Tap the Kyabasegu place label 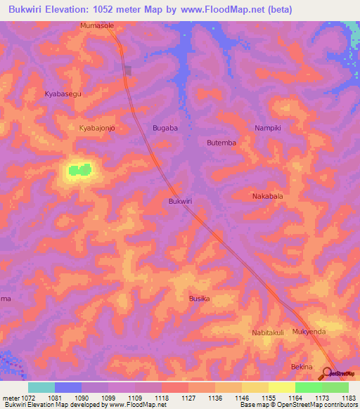tap(63, 93)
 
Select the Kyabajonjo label tap(97, 128)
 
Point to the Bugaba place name tap(165, 128)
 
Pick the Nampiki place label tap(267, 128)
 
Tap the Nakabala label tap(267, 196)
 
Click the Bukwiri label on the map tap(181, 201)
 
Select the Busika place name tap(199, 299)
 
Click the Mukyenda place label tap(309, 332)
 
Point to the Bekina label tap(301, 367)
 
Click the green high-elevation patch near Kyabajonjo tap(79, 169)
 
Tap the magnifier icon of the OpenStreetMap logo tap(327, 372)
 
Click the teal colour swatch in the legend tap(41, 387)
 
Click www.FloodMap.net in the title tap(216, 9)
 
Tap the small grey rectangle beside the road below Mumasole tap(128, 70)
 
